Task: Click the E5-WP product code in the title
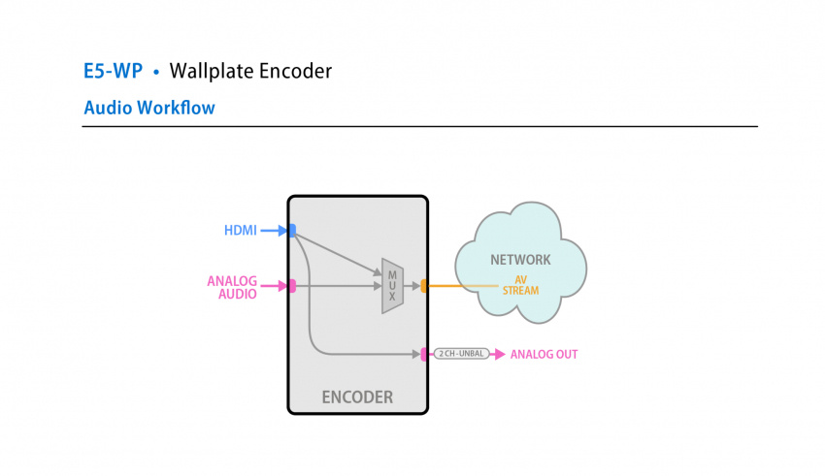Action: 113,71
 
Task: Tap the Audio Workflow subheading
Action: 149,108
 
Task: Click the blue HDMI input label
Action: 241,231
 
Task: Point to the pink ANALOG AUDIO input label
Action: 232,288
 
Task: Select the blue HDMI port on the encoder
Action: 292,231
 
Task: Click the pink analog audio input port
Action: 292,286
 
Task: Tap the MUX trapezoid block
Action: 392,286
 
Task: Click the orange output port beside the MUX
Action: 424,286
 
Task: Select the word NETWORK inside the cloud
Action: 520,260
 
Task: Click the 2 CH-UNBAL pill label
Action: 461,355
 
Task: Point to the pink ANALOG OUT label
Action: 544,355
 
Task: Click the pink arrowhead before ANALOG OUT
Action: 500,355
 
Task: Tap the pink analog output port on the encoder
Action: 424,355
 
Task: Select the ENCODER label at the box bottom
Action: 357,397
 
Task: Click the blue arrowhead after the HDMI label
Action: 282,231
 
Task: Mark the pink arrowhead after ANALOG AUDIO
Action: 282,286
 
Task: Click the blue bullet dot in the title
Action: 156,72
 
